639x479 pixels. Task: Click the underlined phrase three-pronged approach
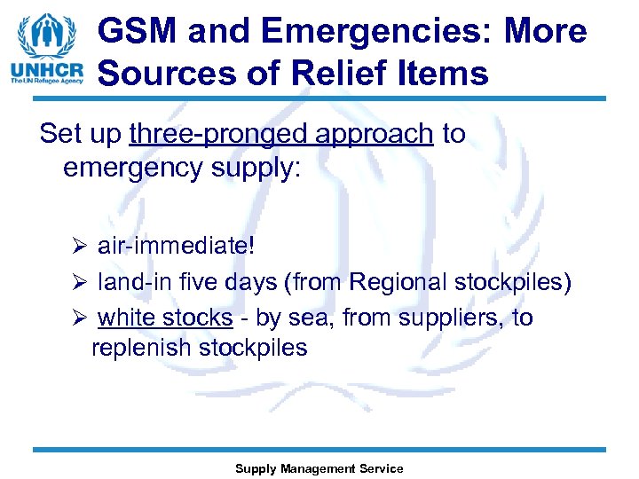pyautogui.click(x=281, y=134)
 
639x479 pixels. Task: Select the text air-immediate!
pyautogui.click(x=176, y=245)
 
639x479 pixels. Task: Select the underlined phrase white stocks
pyautogui.click(x=165, y=318)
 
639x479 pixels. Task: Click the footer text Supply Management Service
pyautogui.click(x=319, y=468)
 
